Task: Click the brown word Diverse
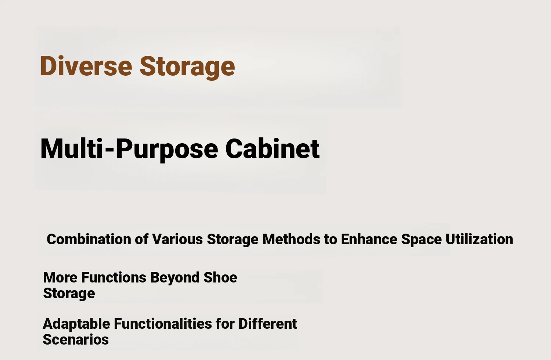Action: (86, 66)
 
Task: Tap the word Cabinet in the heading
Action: (272, 149)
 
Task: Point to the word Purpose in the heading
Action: (167, 150)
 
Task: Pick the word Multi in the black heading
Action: (71, 148)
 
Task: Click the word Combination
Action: (89, 239)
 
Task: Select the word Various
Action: (177, 239)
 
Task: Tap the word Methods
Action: (291, 239)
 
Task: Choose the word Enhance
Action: (369, 239)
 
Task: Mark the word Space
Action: (421, 240)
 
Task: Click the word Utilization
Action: (479, 239)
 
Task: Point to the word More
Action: (60, 278)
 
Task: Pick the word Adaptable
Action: (76, 324)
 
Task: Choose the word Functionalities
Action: (163, 324)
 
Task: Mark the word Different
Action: (268, 324)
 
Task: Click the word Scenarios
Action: (76, 339)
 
